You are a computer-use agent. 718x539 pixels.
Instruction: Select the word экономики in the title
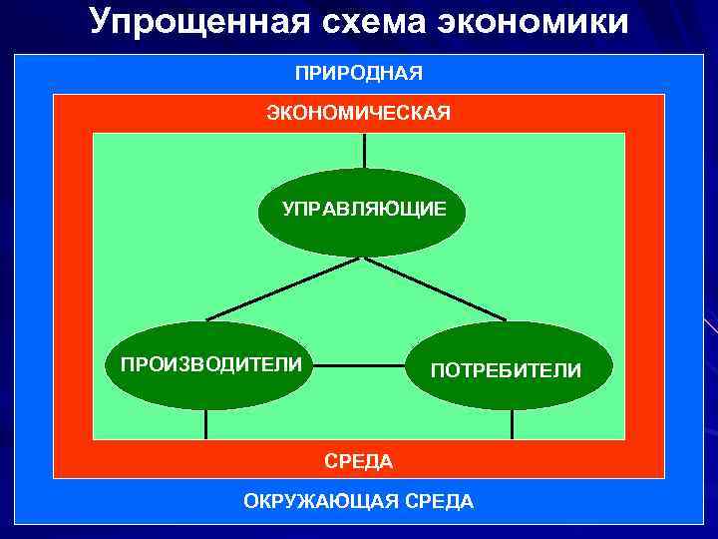click(x=539, y=21)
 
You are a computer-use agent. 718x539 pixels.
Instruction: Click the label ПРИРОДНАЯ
click(x=358, y=73)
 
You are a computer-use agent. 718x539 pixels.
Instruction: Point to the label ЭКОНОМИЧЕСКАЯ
click(x=358, y=113)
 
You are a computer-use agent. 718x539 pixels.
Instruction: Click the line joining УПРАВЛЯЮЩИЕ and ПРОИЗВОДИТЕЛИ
click(x=284, y=289)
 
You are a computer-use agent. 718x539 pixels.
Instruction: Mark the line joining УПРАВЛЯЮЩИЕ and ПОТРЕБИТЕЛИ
click(x=435, y=289)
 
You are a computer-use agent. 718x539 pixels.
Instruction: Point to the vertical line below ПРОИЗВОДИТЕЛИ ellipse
click(x=206, y=424)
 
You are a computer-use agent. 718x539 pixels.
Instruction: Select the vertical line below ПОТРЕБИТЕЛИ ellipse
click(x=512, y=424)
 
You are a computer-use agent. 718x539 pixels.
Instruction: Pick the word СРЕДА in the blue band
click(x=438, y=501)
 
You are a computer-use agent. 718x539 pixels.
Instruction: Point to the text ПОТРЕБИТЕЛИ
click(x=506, y=370)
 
